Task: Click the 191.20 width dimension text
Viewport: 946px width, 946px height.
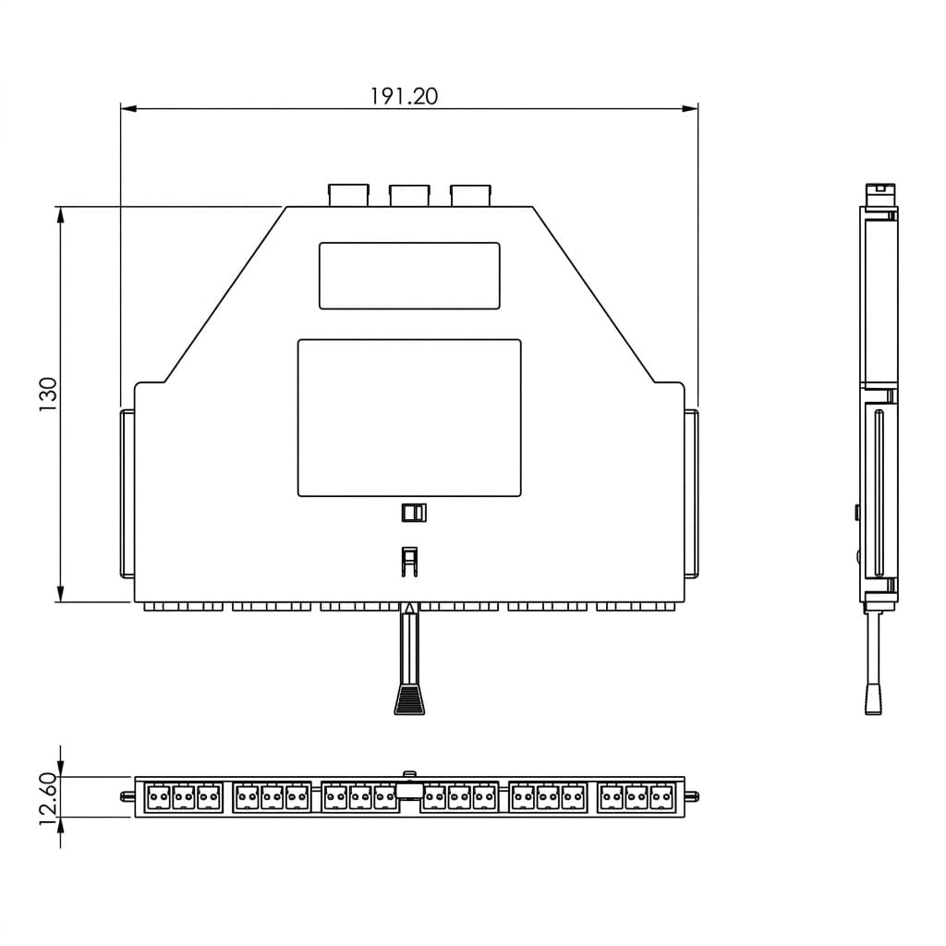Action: (404, 96)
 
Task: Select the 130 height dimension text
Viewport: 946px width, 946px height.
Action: (48, 394)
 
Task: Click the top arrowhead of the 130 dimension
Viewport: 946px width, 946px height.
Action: (60, 215)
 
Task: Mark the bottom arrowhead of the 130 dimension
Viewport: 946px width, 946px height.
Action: (60, 593)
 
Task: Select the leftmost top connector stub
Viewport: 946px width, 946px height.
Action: (348, 196)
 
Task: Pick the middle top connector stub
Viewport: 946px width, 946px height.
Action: (409, 196)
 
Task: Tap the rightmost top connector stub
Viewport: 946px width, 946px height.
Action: (471, 196)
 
